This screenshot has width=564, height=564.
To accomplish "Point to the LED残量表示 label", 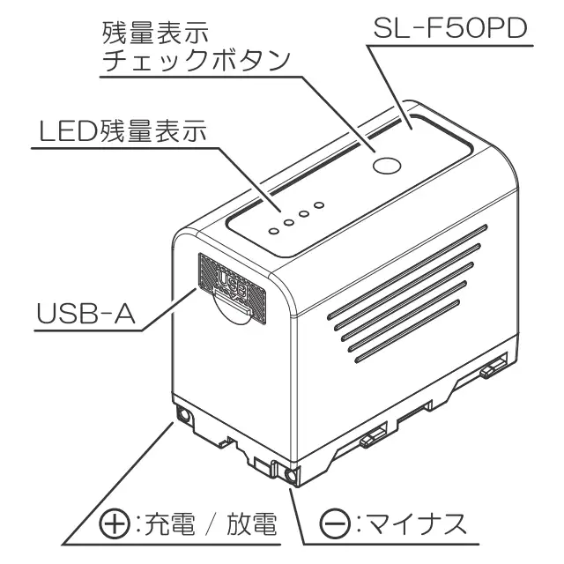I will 123,131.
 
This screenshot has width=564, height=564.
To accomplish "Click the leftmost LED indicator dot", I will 274,229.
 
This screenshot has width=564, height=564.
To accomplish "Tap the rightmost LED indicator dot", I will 320,205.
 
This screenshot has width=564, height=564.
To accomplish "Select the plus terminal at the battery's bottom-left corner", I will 185,417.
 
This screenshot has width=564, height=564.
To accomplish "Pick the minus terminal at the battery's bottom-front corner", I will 291,478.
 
